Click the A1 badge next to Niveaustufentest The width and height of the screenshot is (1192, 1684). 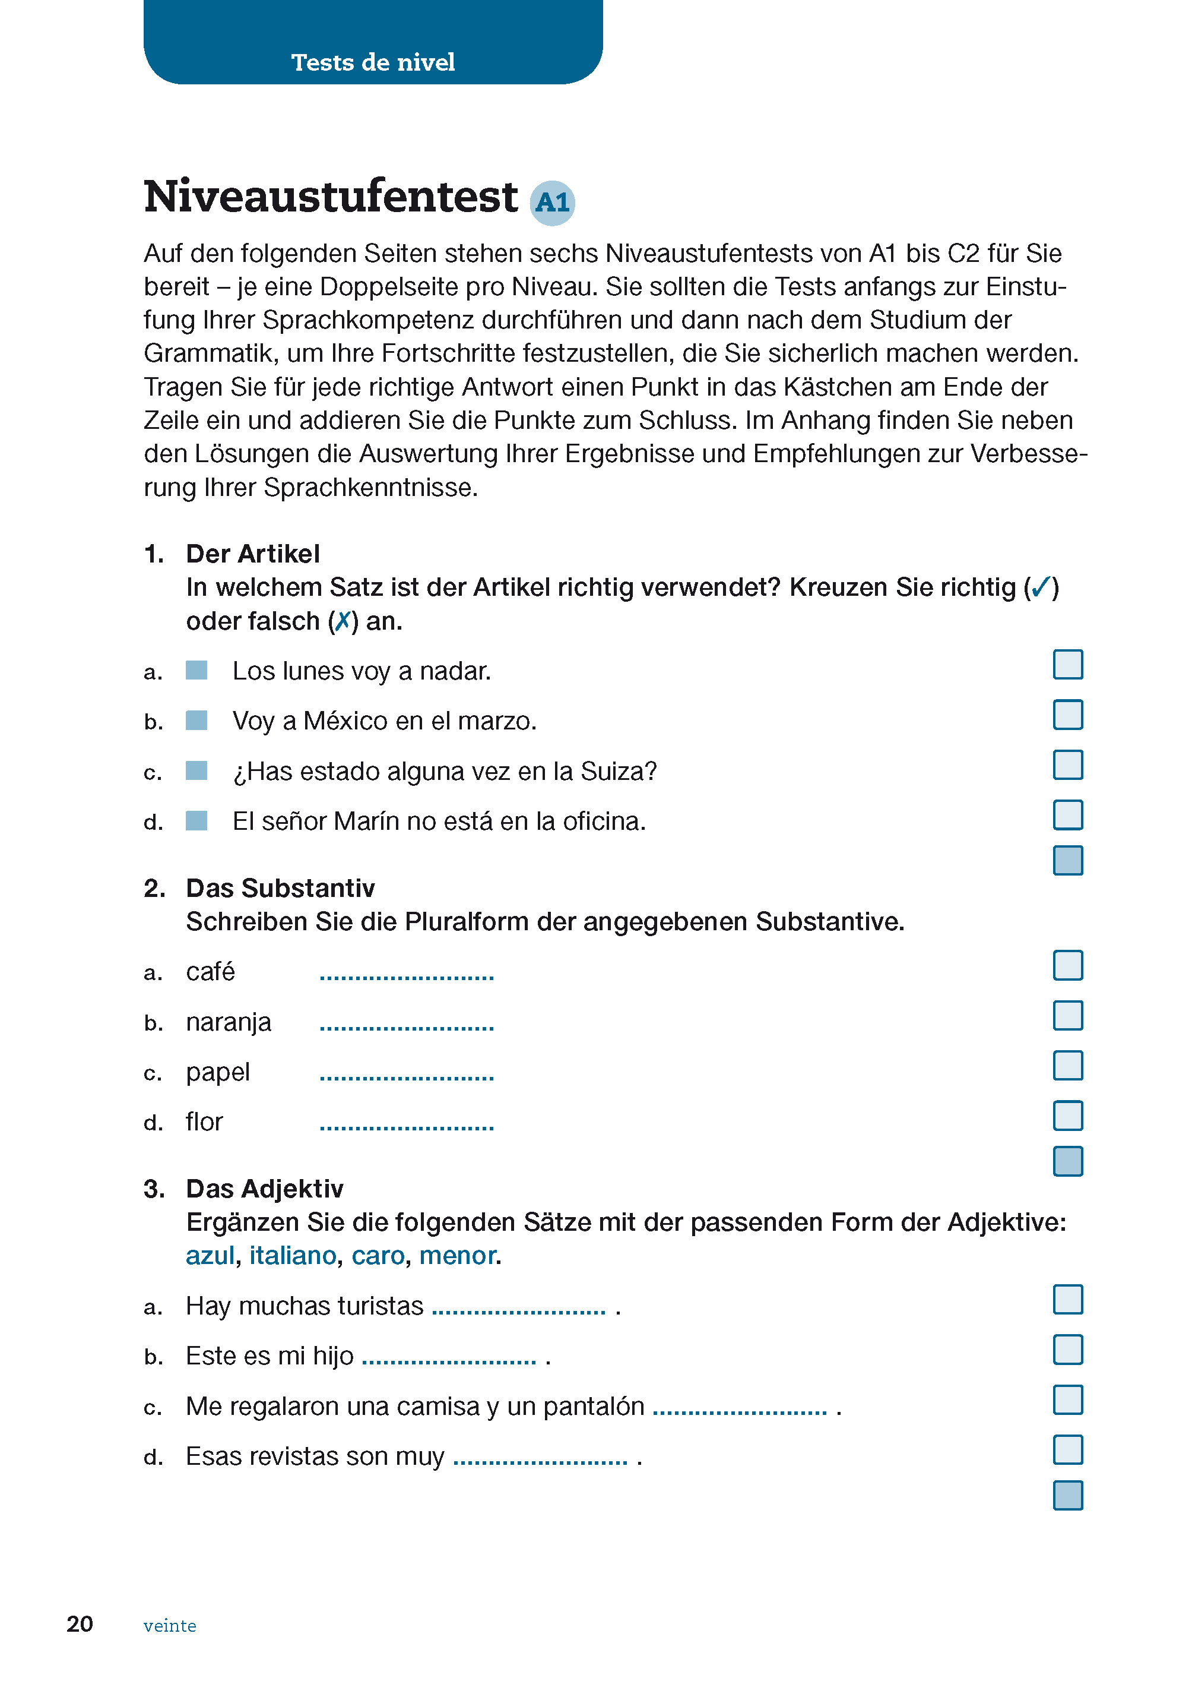pyautogui.click(x=552, y=202)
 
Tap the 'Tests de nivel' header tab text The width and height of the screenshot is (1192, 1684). pyautogui.click(x=373, y=62)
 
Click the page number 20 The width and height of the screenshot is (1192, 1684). pyautogui.click(x=80, y=1624)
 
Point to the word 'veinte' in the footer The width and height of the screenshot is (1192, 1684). pyautogui.click(x=170, y=1625)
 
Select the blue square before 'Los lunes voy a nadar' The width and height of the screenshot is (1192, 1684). pyautogui.click(x=196, y=670)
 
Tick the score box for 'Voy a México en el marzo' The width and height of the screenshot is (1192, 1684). pyautogui.click(x=1067, y=715)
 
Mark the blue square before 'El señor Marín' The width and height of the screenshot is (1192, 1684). pyautogui.click(x=196, y=820)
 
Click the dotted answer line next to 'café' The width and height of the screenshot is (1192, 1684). pyautogui.click(x=407, y=976)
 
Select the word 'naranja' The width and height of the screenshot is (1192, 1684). pyautogui.click(x=229, y=1022)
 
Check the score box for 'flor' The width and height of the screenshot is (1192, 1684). pyautogui.click(x=1067, y=1116)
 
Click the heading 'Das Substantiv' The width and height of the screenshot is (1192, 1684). pyautogui.click(x=280, y=888)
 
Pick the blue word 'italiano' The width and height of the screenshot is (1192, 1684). pyautogui.click(x=292, y=1256)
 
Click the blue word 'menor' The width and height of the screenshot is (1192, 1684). pyautogui.click(x=456, y=1256)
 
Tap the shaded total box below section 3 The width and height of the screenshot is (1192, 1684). pyautogui.click(x=1067, y=1495)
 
